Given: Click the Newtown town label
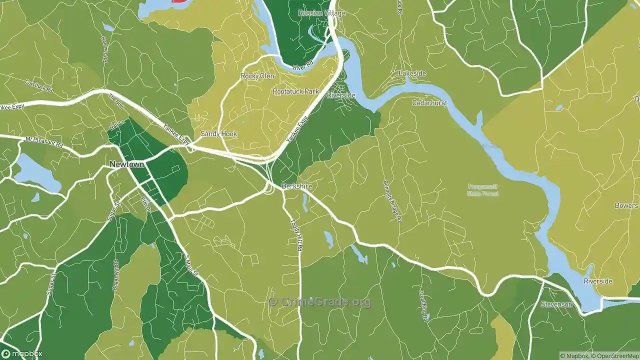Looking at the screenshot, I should point(127,164).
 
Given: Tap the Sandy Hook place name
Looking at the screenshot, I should point(218,134).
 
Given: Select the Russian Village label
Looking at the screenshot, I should point(321,13).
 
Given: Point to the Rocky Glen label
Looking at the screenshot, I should point(257,76).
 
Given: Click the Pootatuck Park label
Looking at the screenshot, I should point(295,91).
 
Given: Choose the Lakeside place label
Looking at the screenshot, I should point(412,73).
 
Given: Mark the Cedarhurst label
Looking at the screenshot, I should point(429,102).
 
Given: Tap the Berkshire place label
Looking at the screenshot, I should point(296,186).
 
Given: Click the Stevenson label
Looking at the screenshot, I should point(556,304).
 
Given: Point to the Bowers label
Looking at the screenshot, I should point(626,205).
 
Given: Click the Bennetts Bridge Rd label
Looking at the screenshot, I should point(392,201).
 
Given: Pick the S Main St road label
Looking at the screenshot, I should point(191,265).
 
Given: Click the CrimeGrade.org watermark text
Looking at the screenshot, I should point(320,302).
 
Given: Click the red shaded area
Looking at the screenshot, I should point(181,1).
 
